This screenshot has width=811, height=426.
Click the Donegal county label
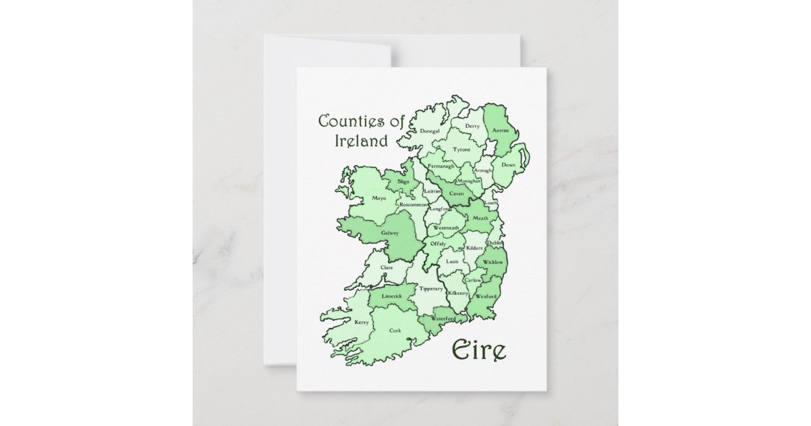click(430, 131)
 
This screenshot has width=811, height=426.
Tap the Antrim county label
click(501, 131)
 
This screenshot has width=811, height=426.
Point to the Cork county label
click(395, 330)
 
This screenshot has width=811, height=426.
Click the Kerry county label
click(362, 323)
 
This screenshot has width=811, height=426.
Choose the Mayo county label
click(378, 199)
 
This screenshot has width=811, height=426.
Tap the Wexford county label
click(487, 296)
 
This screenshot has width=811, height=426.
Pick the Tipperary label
click(431, 289)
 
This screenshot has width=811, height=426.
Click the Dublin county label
click(495, 242)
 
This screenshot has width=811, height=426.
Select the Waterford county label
click(443, 318)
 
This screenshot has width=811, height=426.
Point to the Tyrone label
click(462, 149)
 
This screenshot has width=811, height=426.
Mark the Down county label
click(508, 164)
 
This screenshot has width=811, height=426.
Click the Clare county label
click(387, 268)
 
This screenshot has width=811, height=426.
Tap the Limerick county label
click(392, 296)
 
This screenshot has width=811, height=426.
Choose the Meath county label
click(481, 218)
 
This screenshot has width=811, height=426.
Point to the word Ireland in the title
click(362, 141)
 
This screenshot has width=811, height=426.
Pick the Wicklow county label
click(493, 262)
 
